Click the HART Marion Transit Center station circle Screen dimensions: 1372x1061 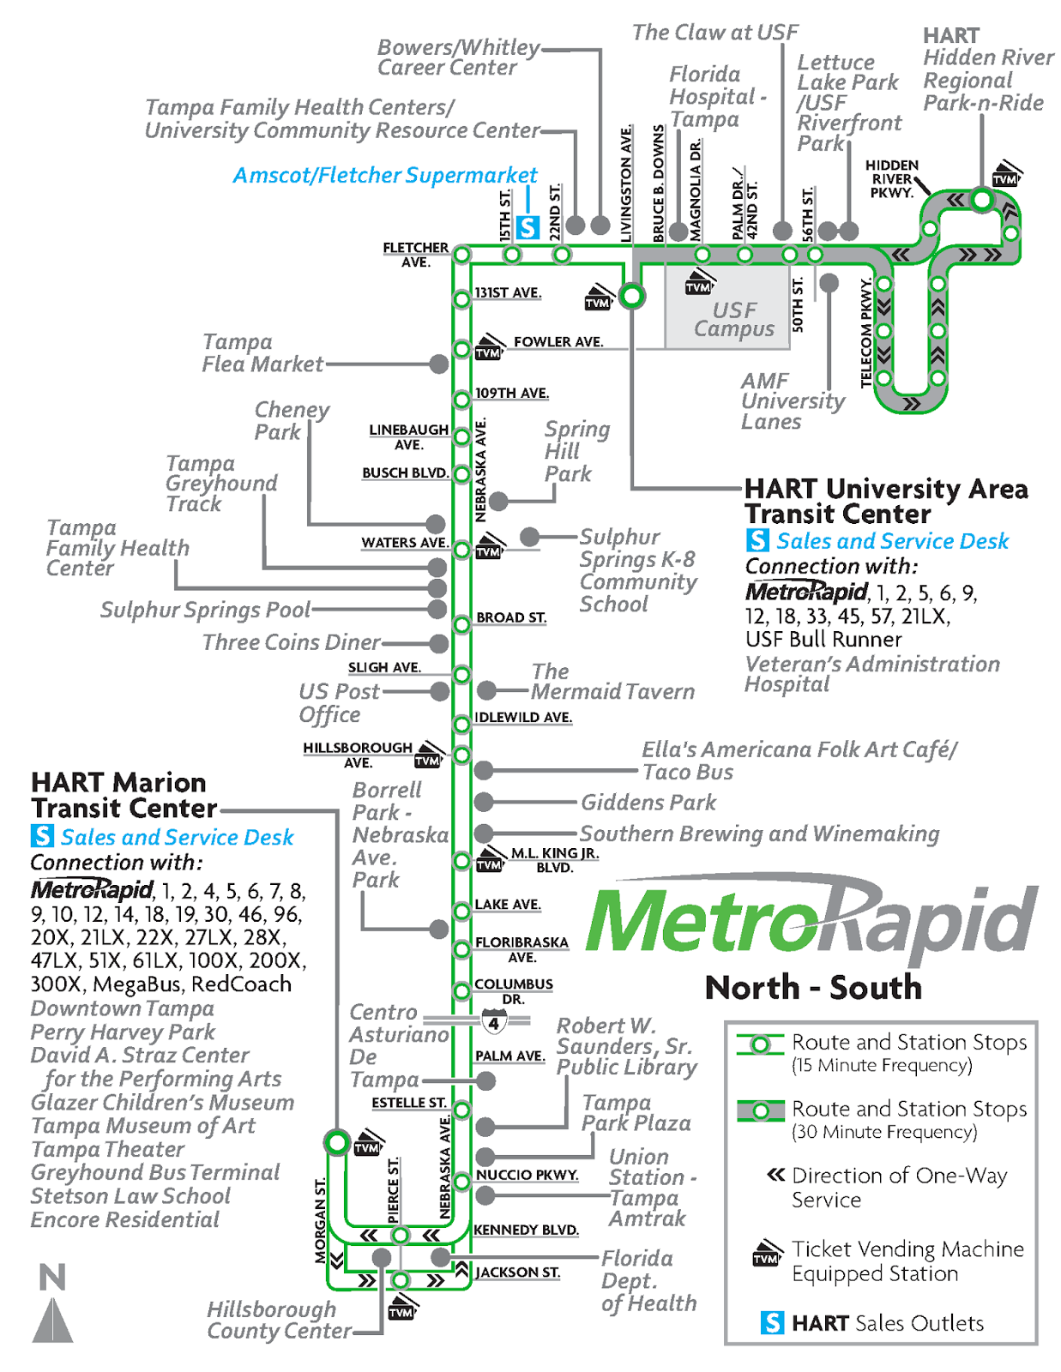click(337, 1142)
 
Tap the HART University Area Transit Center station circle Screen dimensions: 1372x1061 click(632, 297)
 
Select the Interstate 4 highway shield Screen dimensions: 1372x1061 click(494, 1022)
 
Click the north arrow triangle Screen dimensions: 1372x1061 click(52, 1321)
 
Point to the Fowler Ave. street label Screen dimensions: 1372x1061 click(558, 342)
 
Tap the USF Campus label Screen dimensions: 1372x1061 click(734, 320)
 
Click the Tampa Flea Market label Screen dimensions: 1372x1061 click(262, 353)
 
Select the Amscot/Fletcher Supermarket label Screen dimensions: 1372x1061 click(385, 176)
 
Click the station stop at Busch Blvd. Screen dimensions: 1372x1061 click(461, 473)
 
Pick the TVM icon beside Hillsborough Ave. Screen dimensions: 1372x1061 click(427, 759)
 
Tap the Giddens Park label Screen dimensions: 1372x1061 click(648, 803)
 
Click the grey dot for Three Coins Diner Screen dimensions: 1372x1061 click(439, 643)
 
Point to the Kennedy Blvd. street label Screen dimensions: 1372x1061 click(526, 1230)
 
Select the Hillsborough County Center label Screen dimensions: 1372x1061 click(279, 1321)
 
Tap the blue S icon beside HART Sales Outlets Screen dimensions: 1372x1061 click(772, 1322)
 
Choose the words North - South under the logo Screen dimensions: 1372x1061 click(813, 988)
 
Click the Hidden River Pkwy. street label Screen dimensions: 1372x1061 click(891, 179)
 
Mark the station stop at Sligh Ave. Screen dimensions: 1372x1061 click(461, 675)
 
